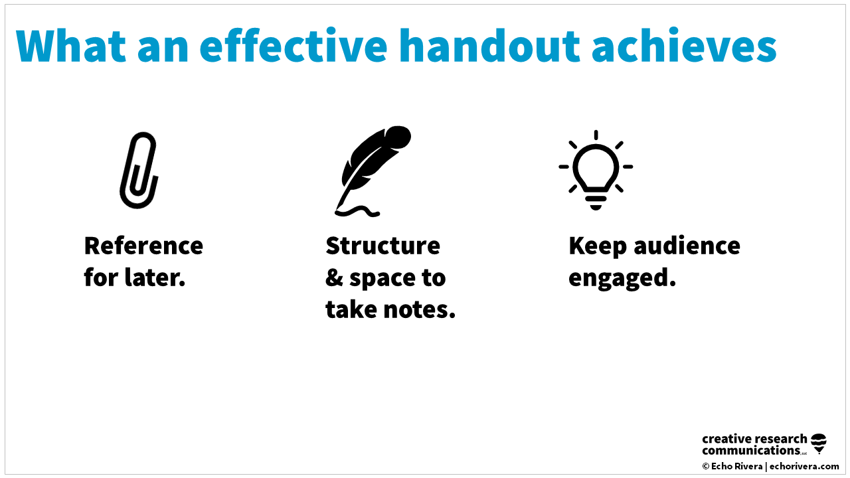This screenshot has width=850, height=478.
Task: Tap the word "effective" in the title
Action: pyautogui.click(x=293, y=45)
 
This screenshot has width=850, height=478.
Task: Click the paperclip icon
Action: pyautogui.click(x=139, y=170)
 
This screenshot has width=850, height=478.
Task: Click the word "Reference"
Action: pyautogui.click(x=143, y=246)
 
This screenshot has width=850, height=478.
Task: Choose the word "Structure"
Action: pyautogui.click(x=382, y=246)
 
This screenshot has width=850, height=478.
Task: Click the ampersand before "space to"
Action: pyautogui.click(x=333, y=278)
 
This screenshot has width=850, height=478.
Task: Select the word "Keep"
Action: pyautogui.click(x=598, y=246)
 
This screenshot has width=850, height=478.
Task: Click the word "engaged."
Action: pyautogui.click(x=622, y=278)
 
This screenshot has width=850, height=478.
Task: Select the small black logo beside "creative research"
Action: pyautogui.click(x=819, y=443)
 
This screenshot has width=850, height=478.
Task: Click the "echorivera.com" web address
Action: pyautogui.click(x=804, y=466)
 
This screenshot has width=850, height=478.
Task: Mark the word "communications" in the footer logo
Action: pyautogui.click(x=750, y=451)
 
